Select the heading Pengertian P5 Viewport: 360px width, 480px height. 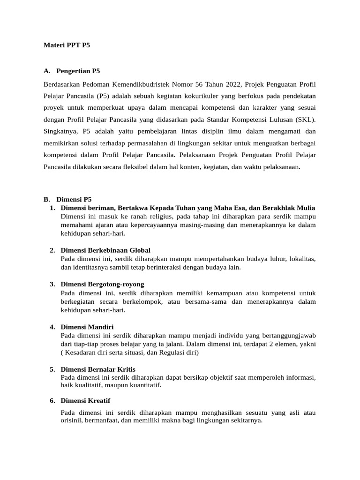click(78, 71)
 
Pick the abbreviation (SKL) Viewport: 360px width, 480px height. click(306, 120)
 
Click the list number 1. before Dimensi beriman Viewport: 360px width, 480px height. click(52, 208)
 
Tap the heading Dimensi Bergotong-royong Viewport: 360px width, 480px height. click(102, 284)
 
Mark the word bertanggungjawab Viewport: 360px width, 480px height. click(286, 335)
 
